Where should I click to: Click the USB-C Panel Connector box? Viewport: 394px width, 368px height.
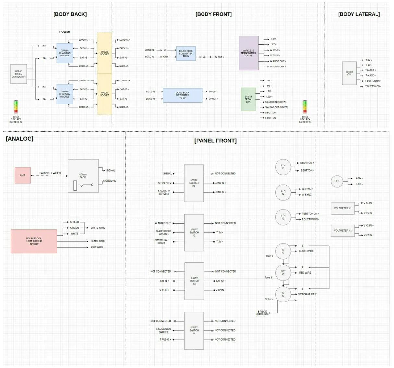pyautogui.click(x=18, y=74)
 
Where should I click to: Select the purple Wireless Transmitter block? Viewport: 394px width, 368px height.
pyautogui.click(x=249, y=53)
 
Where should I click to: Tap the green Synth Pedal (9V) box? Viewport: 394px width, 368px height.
pyautogui.click(x=248, y=99)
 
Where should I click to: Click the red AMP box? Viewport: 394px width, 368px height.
pyautogui.click(x=23, y=175)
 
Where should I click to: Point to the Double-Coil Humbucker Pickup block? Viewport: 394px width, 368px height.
pyautogui.click(x=34, y=241)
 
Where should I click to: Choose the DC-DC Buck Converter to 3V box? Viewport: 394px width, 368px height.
pyautogui.click(x=186, y=54)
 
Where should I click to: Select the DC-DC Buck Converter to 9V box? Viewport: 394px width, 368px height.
pyautogui.click(x=182, y=95)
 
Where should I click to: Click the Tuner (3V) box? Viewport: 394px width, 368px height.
pyautogui.click(x=349, y=73)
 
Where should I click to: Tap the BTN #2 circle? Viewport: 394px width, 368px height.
pyautogui.click(x=283, y=192)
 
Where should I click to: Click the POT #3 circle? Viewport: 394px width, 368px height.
pyautogui.click(x=283, y=294)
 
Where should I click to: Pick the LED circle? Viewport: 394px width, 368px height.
pyautogui.click(x=337, y=181)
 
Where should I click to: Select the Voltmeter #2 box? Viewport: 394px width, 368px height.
pyautogui.click(x=343, y=231)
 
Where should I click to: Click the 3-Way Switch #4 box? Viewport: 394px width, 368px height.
pyautogui.click(x=194, y=330)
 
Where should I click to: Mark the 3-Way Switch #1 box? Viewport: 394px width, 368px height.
pyautogui.click(x=194, y=183)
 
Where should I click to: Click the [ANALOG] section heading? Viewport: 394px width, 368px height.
pyautogui.click(x=20, y=139)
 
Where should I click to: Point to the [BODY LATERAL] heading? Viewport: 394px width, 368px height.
pyautogui.click(x=359, y=14)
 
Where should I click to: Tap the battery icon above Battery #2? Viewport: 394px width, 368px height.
pyautogui.click(x=16, y=107)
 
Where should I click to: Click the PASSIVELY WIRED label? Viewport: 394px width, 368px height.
pyautogui.click(x=50, y=173)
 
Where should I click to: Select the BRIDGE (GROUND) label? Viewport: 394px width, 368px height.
pyautogui.click(x=263, y=313)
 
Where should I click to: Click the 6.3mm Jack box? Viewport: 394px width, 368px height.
pyautogui.click(x=83, y=176)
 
